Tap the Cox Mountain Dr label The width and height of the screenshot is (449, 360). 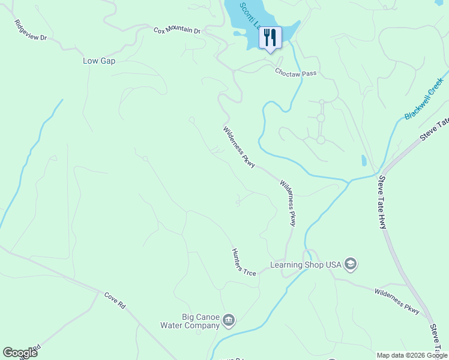(176, 30)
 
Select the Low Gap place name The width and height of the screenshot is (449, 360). (99, 61)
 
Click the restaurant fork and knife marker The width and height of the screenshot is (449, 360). (270, 38)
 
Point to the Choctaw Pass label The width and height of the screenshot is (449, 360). (295, 72)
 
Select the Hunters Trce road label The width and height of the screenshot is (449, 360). (244, 262)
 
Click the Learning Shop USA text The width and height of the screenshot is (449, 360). (305, 265)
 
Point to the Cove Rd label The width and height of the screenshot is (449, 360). (114, 300)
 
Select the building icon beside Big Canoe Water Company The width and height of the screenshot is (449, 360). (228, 321)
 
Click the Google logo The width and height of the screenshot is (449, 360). (20, 353)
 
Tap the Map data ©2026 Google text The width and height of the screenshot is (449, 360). (412, 356)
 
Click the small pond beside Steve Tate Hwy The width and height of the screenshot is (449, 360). (364, 161)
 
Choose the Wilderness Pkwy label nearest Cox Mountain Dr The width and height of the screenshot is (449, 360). (240, 146)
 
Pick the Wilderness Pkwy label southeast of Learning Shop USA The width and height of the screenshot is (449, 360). (397, 301)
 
